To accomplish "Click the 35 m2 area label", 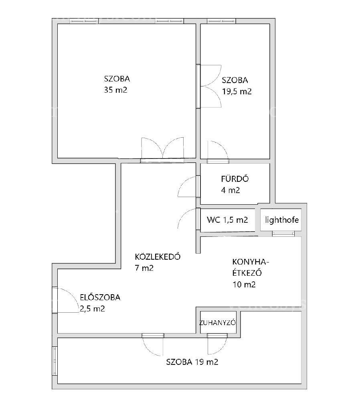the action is (x=115, y=90).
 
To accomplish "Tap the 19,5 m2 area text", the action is (x=237, y=91).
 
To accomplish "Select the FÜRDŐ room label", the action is (x=235, y=179).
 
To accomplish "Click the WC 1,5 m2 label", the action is (x=227, y=220).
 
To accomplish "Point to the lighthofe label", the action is (x=282, y=220).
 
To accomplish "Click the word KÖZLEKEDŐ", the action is (x=158, y=256).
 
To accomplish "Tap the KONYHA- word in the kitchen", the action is (x=251, y=262).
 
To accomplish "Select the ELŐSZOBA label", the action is (x=100, y=297).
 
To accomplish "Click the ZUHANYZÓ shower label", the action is (x=217, y=323).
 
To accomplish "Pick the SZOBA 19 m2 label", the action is (x=192, y=362).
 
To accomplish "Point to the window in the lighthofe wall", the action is (x=283, y=233).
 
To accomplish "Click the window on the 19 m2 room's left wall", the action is (x=55, y=361).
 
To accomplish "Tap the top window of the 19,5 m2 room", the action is (x=221, y=21).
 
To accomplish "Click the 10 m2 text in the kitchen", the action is (x=244, y=285).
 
